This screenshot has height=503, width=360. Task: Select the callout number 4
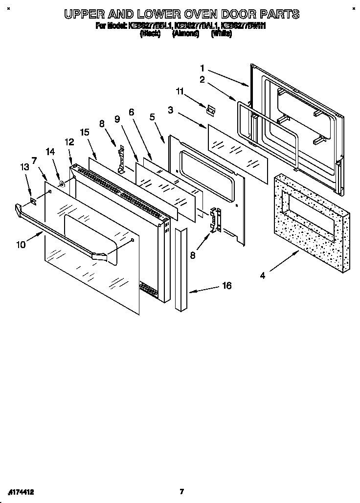262,275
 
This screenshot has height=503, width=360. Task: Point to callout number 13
24,167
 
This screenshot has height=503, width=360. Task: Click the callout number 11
180,91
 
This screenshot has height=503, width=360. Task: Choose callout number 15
85,132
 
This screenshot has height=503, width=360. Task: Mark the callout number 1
202,68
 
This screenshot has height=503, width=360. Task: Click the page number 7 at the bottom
181,491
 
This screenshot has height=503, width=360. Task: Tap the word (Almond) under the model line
185,34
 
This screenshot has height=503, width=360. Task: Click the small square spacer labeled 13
33,201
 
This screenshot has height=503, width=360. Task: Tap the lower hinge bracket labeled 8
215,220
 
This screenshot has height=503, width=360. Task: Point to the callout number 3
170,111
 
